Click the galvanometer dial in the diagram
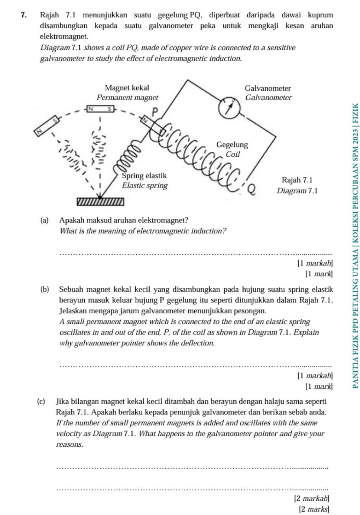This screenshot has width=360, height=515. [229, 107]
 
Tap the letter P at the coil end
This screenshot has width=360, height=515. [155, 111]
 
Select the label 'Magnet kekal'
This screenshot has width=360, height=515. [127, 88]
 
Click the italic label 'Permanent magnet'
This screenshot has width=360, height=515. [127, 97]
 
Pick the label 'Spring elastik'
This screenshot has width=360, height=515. [145, 176]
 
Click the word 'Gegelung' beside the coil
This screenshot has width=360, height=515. [232, 144]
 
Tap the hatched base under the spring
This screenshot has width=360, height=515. [100, 202]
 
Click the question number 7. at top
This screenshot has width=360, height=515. [24, 15]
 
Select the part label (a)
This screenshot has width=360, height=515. [44, 220]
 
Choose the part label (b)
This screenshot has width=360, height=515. [45, 290]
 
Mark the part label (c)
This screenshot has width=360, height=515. [41, 401]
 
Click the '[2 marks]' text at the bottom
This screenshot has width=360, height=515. [314, 509]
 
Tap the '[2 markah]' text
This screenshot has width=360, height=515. [311, 498]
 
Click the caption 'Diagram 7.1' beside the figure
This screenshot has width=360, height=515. [297, 191]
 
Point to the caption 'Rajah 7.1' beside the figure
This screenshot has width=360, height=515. [297, 180]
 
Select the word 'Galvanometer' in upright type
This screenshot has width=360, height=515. [267, 88]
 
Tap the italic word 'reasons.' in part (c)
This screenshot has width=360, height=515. [69, 444]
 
